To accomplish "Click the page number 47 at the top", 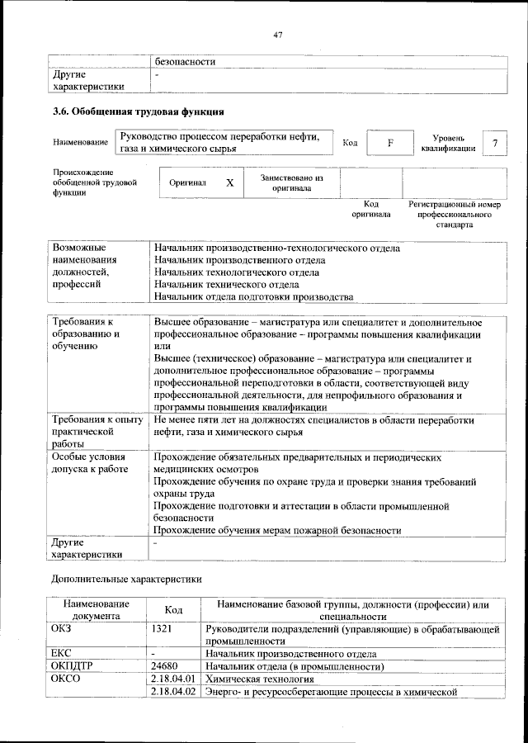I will tap(278, 35).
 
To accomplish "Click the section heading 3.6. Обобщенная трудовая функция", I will tap(138, 111).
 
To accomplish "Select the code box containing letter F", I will tap(391, 143).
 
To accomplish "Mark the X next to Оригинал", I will tap(230, 182).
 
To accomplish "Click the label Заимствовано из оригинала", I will tap(291, 182).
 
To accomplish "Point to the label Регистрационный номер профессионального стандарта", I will tap(455, 214).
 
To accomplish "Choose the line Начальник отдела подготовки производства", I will tap(254, 297).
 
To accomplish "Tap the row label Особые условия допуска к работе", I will tap(90, 462).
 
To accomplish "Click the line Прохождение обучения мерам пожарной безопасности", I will tap(277, 531).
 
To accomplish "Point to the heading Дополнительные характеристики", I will tap(126, 580).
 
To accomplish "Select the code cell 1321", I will tap(163, 629).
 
